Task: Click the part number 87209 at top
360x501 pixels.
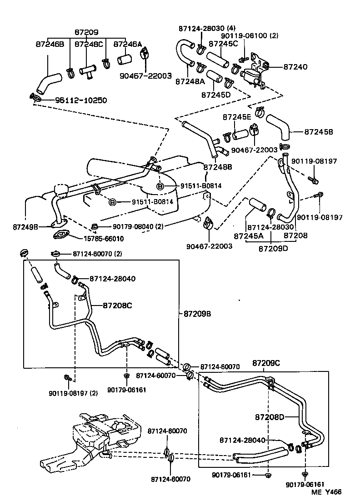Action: pyautogui.click(x=86, y=33)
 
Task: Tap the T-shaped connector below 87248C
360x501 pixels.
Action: pyautogui.click(x=87, y=71)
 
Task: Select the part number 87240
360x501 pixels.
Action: pyautogui.click(x=295, y=67)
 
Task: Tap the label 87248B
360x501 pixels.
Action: pyautogui.click(x=218, y=167)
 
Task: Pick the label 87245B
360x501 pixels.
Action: pyautogui.click(x=318, y=132)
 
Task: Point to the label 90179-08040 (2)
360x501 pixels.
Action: pyautogui.click(x=138, y=226)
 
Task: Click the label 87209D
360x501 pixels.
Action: pyautogui.click(x=272, y=249)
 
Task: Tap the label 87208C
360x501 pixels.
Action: pyautogui.click(x=117, y=306)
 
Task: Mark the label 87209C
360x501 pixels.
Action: pyautogui.click(x=266, y=363)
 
